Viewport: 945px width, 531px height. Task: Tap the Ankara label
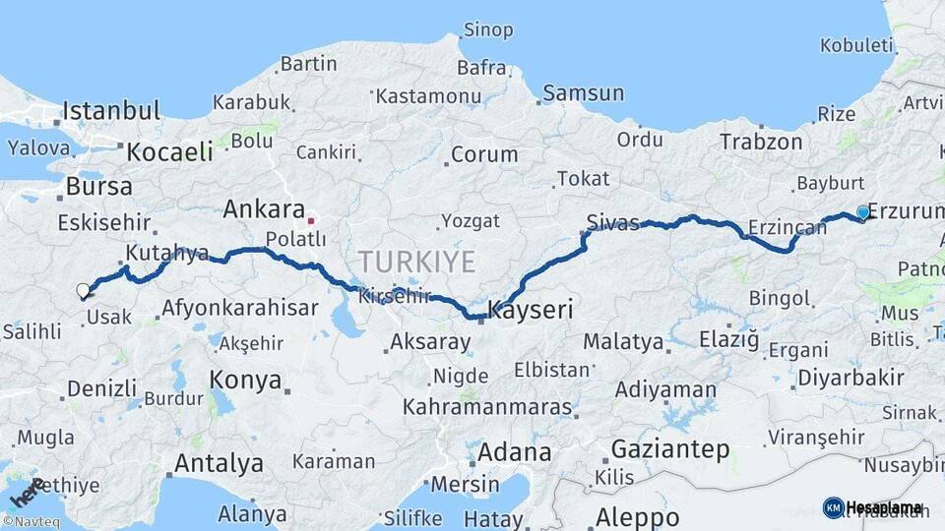[264, 208]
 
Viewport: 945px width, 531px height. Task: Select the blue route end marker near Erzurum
[863, 212]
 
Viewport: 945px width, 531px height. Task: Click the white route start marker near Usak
[83, 290]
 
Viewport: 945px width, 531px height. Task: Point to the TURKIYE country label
[416, 262]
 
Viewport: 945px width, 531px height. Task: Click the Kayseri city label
[532, 311]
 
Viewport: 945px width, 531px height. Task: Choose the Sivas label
[612, 220]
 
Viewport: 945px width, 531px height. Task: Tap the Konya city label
[245, 380]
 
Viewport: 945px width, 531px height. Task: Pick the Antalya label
[219, 462]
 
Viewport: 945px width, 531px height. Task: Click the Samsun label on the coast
[584, 93]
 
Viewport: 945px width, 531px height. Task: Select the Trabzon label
[761, 142]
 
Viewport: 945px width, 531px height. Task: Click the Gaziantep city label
[670, 449]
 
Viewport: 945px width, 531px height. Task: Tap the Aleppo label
[637, 516]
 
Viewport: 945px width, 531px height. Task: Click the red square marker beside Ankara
[311, 220]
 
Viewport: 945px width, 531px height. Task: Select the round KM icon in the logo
[833, 507]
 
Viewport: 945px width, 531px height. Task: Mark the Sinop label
[488, 29]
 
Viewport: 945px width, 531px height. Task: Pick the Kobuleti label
[856, 45]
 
